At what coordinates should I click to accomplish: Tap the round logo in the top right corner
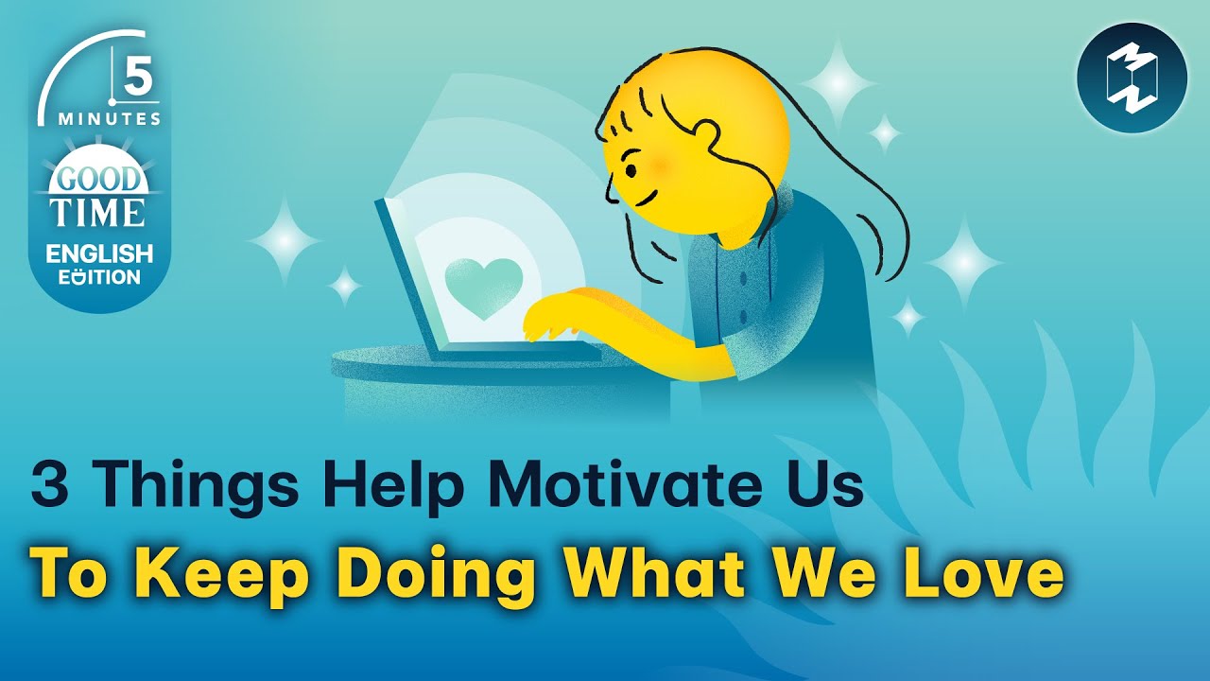tap(1132, 78)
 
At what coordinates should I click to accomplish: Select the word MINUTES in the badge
tap(109, 119)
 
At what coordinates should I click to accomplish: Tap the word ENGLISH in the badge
tap(100, 253)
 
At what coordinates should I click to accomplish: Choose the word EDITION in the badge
tap(99, 277)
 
